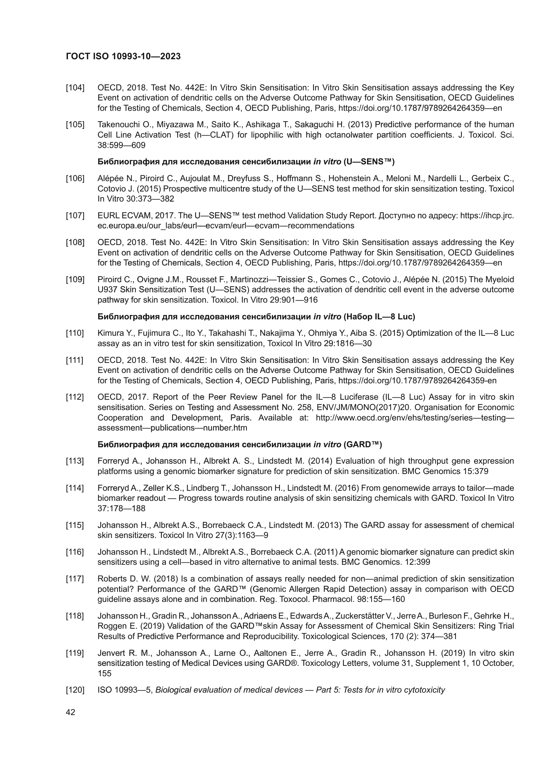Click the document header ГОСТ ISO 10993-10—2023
[x=123, y=57]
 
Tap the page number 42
[x=71, y=712]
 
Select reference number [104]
[x=75, y=88]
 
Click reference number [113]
[x=75, y=461]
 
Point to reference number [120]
[x=75, y=690]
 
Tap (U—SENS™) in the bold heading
[x=369, y=162]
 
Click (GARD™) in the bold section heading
[x=363, y=444]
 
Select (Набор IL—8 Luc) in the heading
[x=379, y=317]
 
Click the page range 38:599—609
[x=122, y=145]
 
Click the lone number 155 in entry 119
[x=105, y=673]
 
